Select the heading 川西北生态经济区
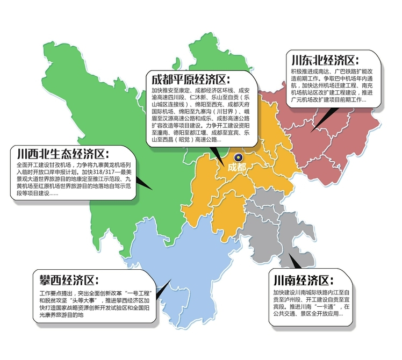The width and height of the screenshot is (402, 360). (x=63, y=153)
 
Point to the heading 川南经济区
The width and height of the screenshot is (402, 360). (x=303, y=280)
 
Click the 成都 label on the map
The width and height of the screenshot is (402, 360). (x=236, y=167)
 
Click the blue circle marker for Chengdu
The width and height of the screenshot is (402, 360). (x=239, y=157)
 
